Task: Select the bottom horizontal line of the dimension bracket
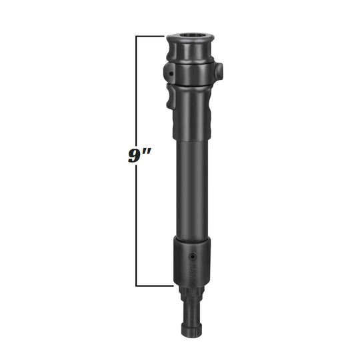click(155, 286)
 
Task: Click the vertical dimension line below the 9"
click(137, 227)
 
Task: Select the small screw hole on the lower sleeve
click(193, 256)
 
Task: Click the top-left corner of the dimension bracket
click(137, 36)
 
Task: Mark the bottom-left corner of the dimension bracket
click(137, 286)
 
